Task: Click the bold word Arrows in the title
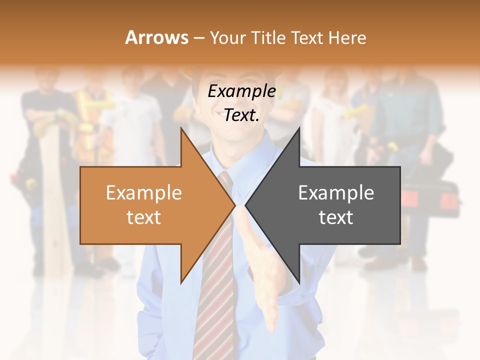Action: (x=156, y=37)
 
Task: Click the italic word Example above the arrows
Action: (x=241, y=91)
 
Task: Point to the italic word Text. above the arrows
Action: (x=241, y=115)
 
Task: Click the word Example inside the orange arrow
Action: (x=144, y=193)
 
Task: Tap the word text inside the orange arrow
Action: (x=144, y=217)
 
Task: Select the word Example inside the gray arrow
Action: (x=336, y=193)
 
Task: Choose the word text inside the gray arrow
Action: (x=336, y=217)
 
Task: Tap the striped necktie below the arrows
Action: (x=215, y=300)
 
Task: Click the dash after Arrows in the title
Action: (x=198, y=37)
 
